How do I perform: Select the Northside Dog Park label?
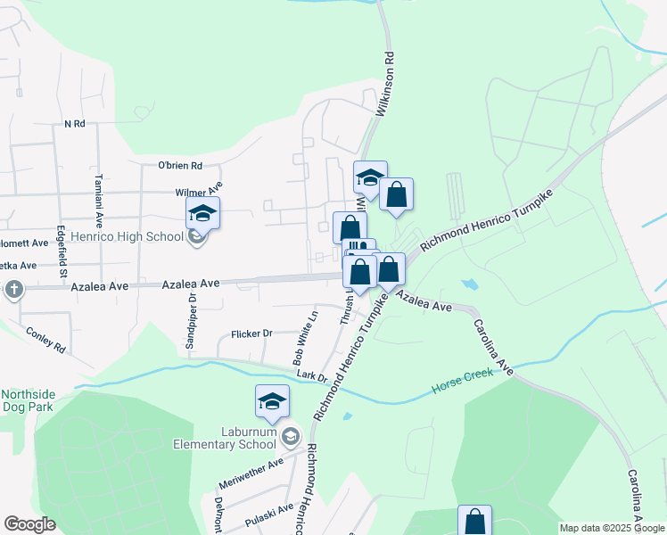click(x=28, y=400)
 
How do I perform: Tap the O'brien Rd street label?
click(x=180, y=165)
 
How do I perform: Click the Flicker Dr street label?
click(x=251, y=333)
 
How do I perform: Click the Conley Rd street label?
click(x=47, y=340)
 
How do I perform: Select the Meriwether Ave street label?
click(x=251, y=474)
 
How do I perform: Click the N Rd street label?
click(x=73, y=124)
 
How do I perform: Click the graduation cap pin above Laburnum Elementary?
click(x=272, y=402)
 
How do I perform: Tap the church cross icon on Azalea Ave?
click(x=13, y=289)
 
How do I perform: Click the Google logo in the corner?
click(x=30, y=524)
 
